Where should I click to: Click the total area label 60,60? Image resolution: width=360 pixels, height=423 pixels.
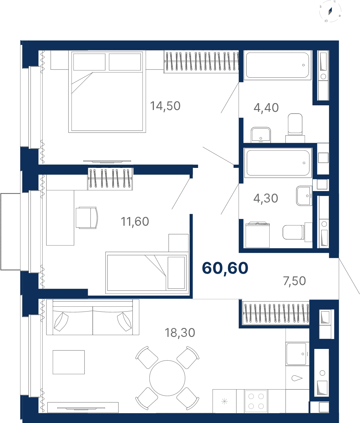(225, 268)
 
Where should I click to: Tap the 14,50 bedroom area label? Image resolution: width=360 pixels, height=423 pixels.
(165, 106)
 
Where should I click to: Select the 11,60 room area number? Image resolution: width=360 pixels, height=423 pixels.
(135, 222)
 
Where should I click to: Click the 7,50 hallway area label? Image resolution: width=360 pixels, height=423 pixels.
(295, 281)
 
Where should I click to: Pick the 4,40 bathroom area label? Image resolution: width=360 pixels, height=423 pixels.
(266, 108)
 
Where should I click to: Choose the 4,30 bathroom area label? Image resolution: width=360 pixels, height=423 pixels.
(265, 198)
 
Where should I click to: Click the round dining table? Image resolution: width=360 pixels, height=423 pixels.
(167, 378)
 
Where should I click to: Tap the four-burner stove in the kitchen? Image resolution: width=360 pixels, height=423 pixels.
(256, 401)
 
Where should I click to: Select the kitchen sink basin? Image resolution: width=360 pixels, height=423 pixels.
(297, 354)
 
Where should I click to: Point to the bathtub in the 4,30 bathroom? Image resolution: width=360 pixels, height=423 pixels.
(278, 163)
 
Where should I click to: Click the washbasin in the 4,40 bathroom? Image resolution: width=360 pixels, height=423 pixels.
(261, 135)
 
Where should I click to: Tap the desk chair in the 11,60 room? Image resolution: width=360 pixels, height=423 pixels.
(87, 218)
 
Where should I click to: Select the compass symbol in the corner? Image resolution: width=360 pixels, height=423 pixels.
(330, 11)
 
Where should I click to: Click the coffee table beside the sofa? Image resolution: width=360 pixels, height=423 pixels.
(69, 362)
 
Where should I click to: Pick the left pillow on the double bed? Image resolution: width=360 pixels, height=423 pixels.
(89, 62)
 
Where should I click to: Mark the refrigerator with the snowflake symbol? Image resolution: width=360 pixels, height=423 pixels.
(224, 401)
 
